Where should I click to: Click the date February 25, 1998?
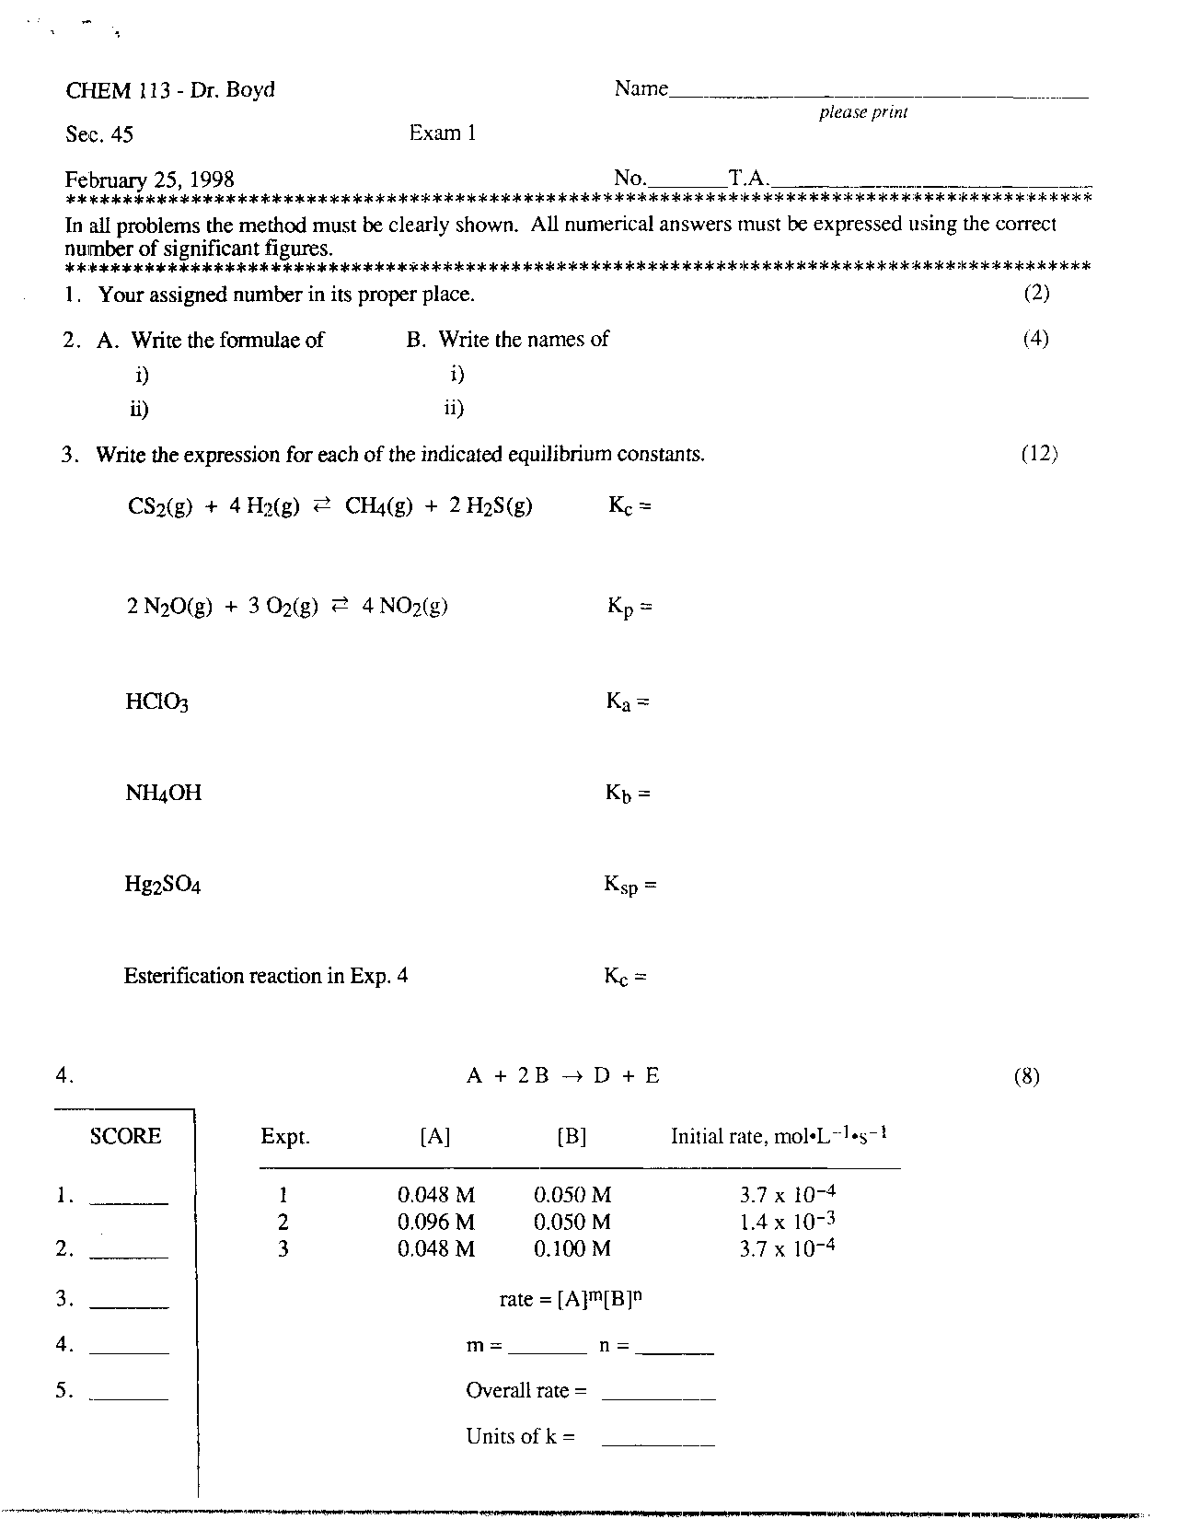coord(149,179)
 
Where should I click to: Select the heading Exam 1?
coord(443,133)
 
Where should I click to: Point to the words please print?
coord(863,112)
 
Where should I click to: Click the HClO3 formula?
coord(157,702)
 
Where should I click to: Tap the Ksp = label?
coord(630,886)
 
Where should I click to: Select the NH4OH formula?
coord(163,793)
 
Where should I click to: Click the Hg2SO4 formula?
coord(163,886)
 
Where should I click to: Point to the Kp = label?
coord(629,607)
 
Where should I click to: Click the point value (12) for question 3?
coord(1039,454)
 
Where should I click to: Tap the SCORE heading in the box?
coord(125,1136)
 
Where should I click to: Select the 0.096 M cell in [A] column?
coord(436,1222)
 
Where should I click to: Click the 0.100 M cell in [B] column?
coord(572,1248)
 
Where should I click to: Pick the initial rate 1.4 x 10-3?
coord(787,1222)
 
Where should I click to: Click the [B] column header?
coord(572,1137)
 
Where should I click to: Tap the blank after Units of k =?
coord(658,1441)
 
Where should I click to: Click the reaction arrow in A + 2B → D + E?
coord(572,1076)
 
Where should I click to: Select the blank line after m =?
coord(547,1350)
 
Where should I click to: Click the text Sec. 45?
coord(99,135)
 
